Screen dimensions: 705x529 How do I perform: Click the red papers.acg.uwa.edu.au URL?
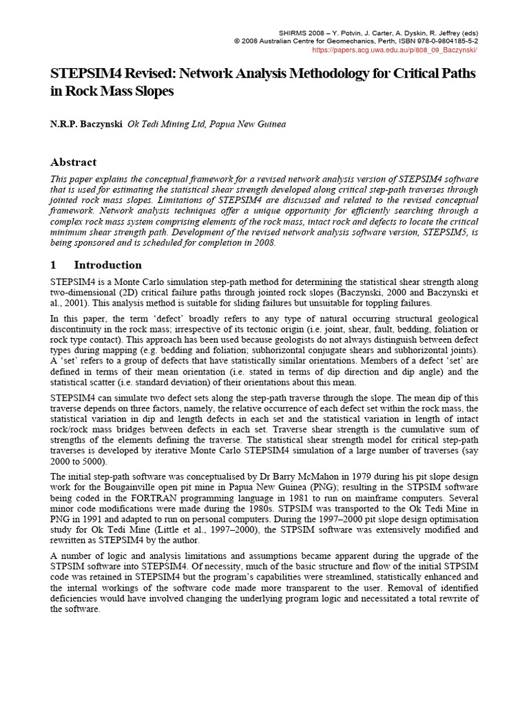tap(395, 50)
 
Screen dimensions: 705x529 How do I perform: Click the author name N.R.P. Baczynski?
tap(87, 125)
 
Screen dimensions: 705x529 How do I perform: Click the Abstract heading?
tap(74, 162)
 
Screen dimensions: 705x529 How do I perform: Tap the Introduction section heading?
tap(107, 265)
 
